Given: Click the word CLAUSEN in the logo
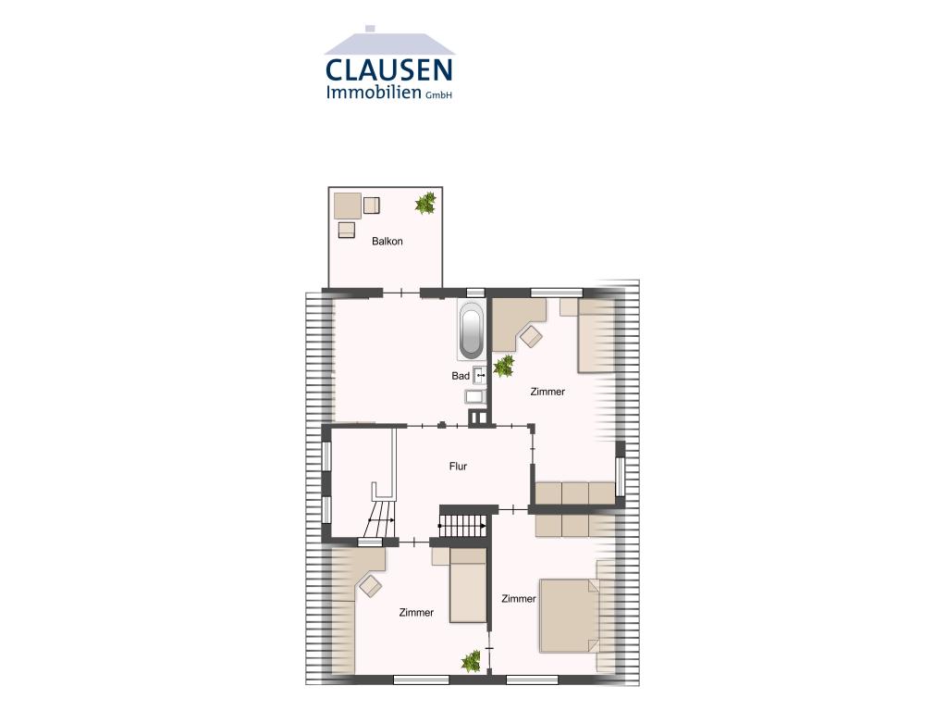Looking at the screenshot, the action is pos(389,69).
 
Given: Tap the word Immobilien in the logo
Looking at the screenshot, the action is pos(373,92).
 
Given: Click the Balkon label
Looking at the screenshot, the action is pos(387,242).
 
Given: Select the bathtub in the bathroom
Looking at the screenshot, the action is pos(471,330).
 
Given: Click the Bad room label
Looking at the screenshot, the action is pos(461,376).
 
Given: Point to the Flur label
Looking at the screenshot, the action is pos(458,467).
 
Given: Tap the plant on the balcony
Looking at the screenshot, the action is pos(425,203).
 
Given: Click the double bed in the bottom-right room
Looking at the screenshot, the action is pos(570,616).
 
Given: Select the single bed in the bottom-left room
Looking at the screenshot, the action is pos(468,585).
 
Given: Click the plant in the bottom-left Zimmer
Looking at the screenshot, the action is pos(471,661).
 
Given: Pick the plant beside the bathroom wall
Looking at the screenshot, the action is pos(504,367).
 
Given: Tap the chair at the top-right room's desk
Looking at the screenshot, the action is pos(532,336).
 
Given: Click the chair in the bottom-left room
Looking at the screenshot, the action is pos(370,586).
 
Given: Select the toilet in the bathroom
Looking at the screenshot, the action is pos(474,396).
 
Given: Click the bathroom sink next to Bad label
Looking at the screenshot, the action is pos(480,376).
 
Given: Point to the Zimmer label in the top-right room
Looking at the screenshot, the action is pos(547,392).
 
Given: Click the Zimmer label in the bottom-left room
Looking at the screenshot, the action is pos(416,613).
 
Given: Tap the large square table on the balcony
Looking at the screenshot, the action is pos(348,206).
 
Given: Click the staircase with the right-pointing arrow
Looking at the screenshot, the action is pos(462,526).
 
